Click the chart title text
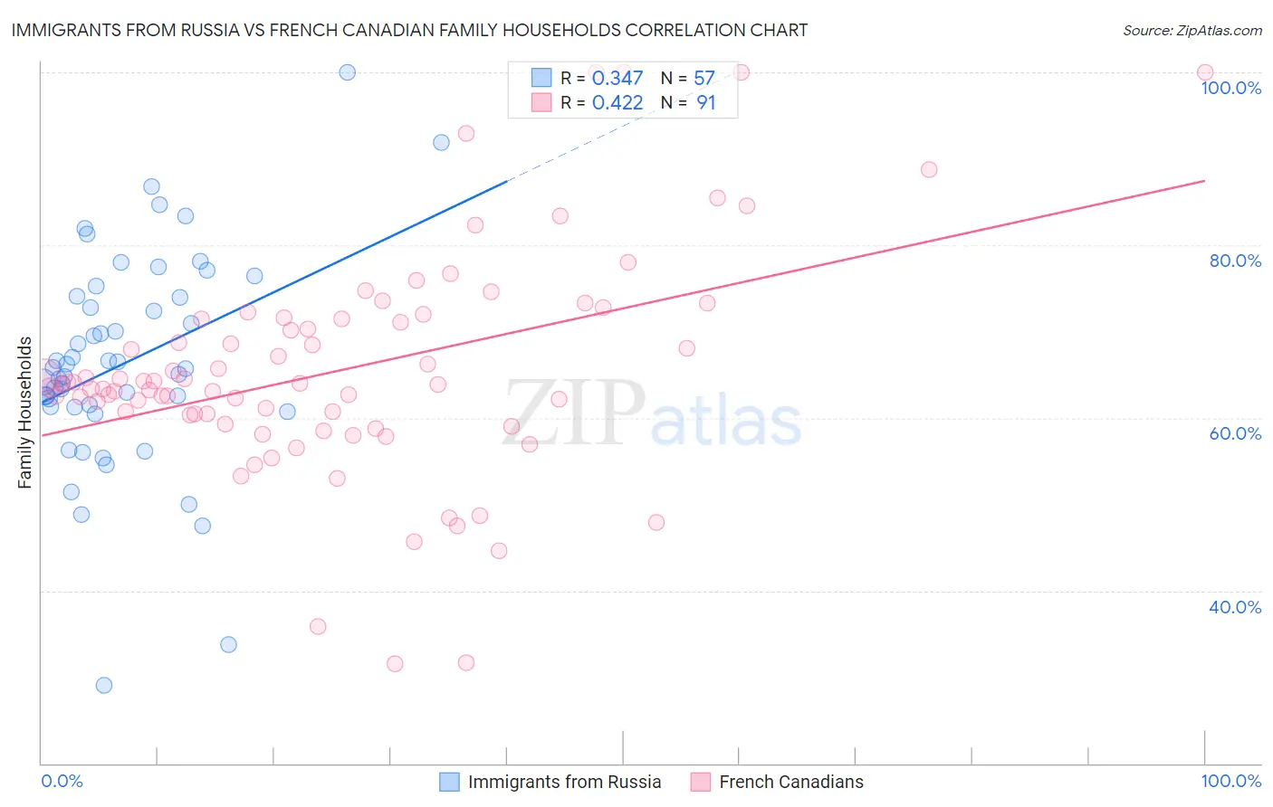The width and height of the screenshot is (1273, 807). click(409, 30)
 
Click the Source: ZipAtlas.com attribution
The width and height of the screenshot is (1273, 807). click(1192, 30)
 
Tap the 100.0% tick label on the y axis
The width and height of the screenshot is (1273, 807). click(1230, 88)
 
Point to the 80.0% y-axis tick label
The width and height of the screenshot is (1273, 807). click(1235, 261)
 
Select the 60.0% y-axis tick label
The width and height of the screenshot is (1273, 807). click(1235, 433)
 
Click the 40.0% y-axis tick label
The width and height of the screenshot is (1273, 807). click(1235, 607)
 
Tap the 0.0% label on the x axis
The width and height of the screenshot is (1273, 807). click(62, 781)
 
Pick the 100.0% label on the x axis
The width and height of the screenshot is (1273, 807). click(1230, 781)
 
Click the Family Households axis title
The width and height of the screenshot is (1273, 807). click(25, 413)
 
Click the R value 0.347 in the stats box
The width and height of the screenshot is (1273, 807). click(617, 79)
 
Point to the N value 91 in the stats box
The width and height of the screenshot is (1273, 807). click(706, 103)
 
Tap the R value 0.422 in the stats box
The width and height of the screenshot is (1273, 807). click(617, 103)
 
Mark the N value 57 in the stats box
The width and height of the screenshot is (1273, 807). click(704, 79)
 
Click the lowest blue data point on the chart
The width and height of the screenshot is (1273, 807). click(104, 685)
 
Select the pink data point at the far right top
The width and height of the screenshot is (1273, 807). click(1205, 72)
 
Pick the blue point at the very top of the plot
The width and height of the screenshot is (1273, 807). click(347, 72)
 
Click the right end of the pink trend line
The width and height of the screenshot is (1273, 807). click(1204, 181)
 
